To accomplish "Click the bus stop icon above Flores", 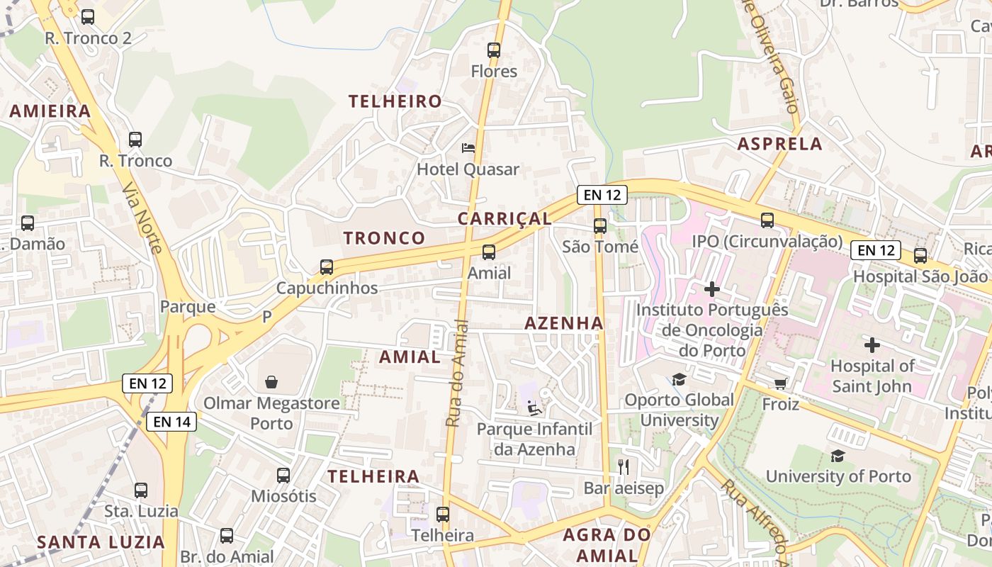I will pos(494,50).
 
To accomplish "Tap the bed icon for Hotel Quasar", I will pos(468,148).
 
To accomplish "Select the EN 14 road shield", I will pos(171,422).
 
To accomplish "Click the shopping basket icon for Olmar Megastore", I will pos(271,383).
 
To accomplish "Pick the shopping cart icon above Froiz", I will pos(781,383).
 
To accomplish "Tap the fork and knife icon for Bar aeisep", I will pos(624,466).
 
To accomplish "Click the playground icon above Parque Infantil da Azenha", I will pos(534,408).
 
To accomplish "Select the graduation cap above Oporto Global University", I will pos(679,379).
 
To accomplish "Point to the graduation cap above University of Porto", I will pos(838,455).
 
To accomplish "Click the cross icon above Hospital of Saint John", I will pos(872,345).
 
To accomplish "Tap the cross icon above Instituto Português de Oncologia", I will pos(712,289).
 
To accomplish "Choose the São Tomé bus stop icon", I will pos(600,226).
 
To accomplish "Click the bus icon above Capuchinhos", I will pos(327,267).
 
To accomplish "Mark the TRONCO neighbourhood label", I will pos(385,238).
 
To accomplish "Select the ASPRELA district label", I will pos(779,145).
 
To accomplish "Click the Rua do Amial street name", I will pos(457,374).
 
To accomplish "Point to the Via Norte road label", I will pos(142,218).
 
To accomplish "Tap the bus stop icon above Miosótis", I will pos(283,476).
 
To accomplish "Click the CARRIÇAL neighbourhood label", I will pos(505,219).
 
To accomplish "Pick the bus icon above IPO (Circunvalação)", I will pos(767,220).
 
